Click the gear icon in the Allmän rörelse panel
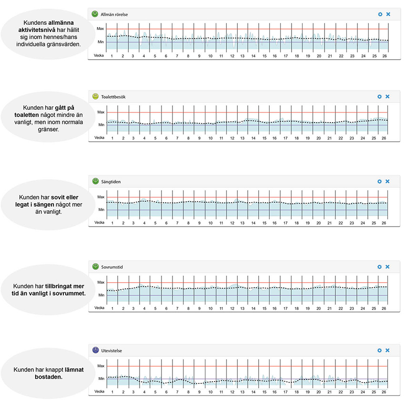pyautogui.click(x=380, y=14)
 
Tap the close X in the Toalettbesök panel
pyautogui.click(x=387, y=96)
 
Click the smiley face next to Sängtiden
pyautogui.click(x=95, y=181)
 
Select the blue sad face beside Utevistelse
pyautogui.click(x=95, y=351)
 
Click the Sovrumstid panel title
pyautogui.click(x=112, y=266)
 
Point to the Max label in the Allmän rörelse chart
pyautogui.click(x=101, y=29)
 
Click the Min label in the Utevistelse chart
pyautogui.click(x=101, y=379)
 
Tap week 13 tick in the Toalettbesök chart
pyautogui.click(x=243, y=138)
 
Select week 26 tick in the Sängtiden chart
pyautogui.click(x=384, y=223)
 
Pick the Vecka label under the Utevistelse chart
pyautogui.click(x=99, y=392)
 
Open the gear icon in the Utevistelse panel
pyautogui.click(x=380, y=351)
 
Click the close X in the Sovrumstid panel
pyautogui.click(x=387, y=266)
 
